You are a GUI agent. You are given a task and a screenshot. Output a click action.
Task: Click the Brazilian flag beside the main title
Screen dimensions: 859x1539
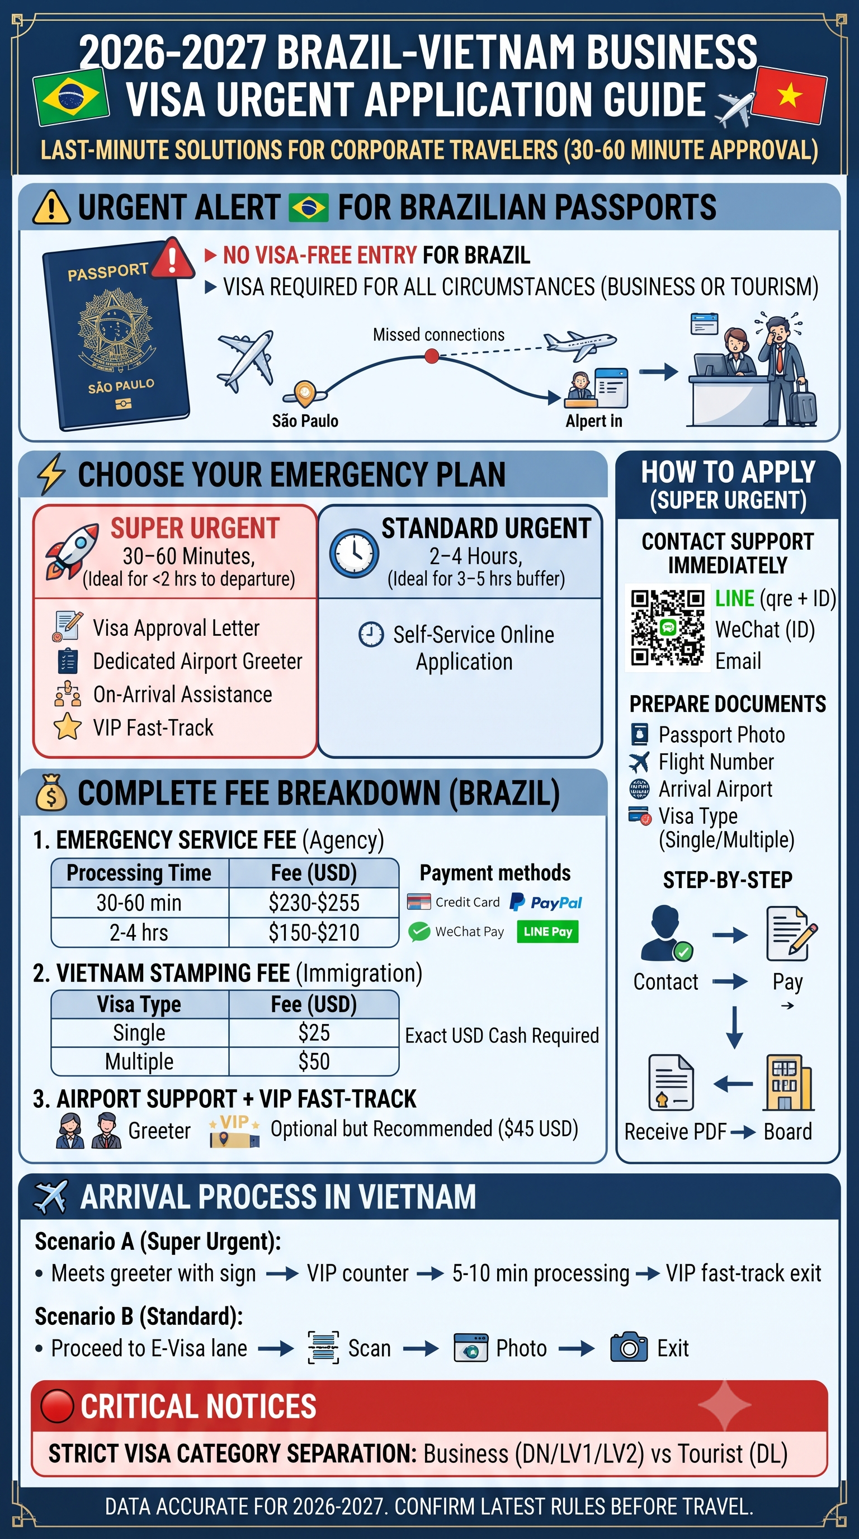click(x=71, y=96)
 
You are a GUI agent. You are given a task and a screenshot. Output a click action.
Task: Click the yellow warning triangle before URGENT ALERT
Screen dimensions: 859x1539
click(x=51, y=207)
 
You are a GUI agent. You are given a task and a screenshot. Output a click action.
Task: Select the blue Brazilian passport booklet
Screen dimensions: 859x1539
click(x=116, y=336)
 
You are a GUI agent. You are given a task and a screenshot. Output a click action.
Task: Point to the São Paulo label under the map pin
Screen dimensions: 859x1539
click(x=305, y=421)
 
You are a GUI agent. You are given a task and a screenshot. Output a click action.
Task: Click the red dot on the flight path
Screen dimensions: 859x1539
click(x=431, y=357)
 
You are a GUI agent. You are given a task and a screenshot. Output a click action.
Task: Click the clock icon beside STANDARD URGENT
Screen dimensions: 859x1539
click(x=353, y=553)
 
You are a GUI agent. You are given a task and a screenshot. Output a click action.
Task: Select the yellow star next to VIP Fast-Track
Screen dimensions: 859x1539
click(x=68, y=726)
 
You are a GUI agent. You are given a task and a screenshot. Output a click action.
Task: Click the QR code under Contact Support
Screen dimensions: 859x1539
click(x=668, y=627)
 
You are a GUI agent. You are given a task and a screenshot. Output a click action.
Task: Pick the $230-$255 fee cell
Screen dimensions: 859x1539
click(x=314, y=903)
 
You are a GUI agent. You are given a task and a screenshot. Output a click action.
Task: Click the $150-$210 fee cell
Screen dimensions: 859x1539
click(x=314, y=932)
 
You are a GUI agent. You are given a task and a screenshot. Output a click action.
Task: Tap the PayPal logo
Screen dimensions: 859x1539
click(x=545, y=902)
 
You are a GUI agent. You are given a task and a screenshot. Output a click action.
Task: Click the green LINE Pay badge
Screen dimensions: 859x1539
click(x=547, y=932)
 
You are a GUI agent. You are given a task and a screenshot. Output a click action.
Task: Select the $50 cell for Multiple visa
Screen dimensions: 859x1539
click(x=314, y=1061)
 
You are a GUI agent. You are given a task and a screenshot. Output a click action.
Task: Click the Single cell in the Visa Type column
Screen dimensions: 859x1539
click(x=139, y=1033)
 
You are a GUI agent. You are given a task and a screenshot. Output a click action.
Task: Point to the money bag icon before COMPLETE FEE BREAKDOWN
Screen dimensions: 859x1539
click(x=51, y=792)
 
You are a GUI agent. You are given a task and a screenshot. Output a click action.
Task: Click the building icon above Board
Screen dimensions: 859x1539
click(x=788, y=1082)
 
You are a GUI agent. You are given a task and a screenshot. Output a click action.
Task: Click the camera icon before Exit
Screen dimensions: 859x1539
click(x=629, y=1348)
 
